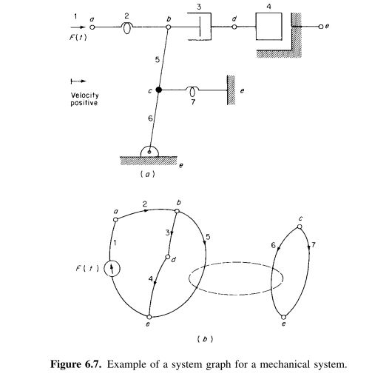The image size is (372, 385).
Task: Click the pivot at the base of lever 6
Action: point(150,153)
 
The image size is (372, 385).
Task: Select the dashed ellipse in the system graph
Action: point(235,278)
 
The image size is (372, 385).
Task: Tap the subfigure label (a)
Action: point(150,175)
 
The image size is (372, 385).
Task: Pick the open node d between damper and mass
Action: point(235,27)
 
